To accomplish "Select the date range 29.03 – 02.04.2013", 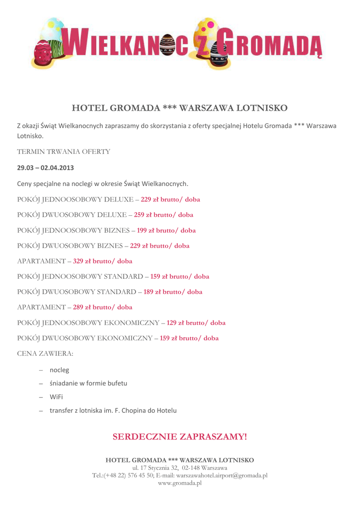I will tap(45, 168).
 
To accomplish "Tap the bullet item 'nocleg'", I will tap(59, 370).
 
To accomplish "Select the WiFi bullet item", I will tap(56, 397).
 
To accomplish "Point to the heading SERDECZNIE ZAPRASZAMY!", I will tap(180, 437).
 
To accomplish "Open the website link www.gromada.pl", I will tap(180, 483).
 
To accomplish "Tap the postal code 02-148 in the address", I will tap(191, 468).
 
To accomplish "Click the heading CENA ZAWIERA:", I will tap(45, 354).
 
